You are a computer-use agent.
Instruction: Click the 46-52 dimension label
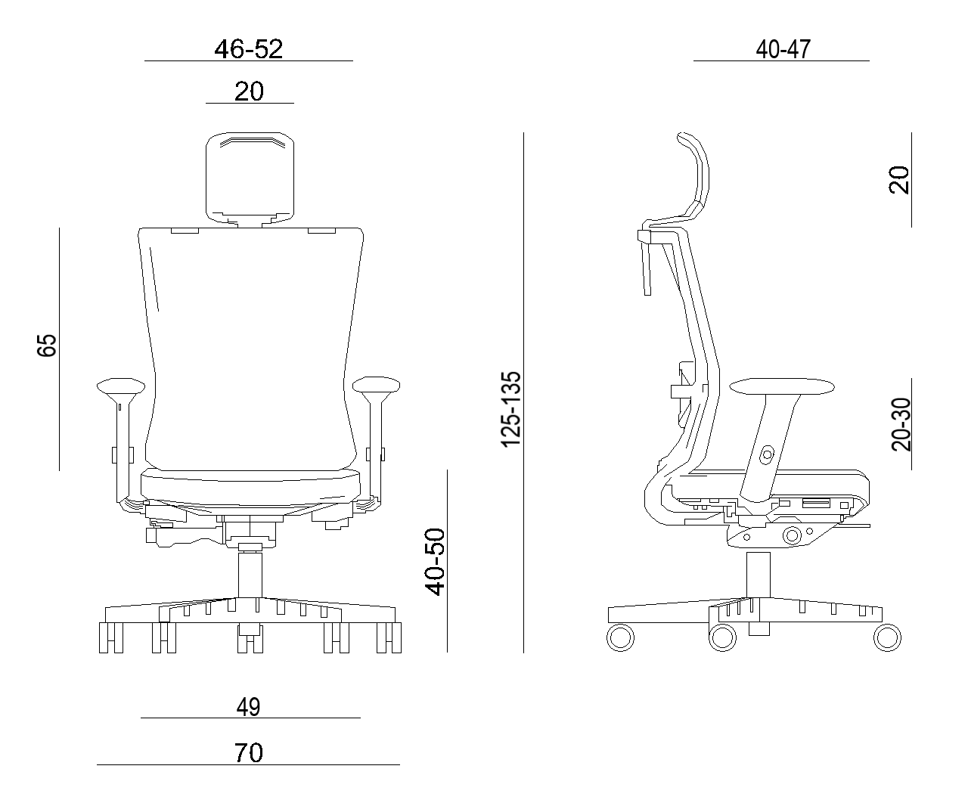click(249, 48)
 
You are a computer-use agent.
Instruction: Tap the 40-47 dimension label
click(783, 49)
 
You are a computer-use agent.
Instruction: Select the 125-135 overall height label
click(511, 409)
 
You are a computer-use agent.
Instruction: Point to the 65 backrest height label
click(46, 346)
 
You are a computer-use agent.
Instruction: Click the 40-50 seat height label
click(435, 562)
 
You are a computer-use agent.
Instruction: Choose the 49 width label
click(249, 708)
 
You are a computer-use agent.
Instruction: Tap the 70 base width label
click(249, 753)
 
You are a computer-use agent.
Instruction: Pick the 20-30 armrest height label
click(901, 424)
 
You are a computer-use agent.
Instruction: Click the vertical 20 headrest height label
click(899, 180)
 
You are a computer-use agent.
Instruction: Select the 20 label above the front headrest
click(249, 91)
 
